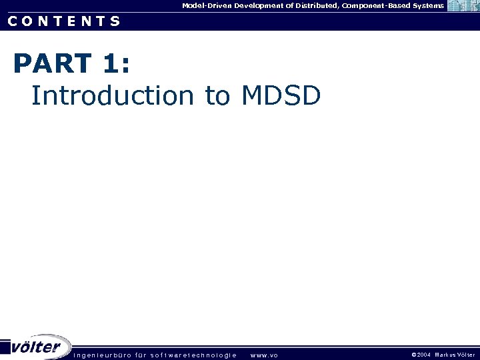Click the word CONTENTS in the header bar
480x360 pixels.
(x=64, y=21)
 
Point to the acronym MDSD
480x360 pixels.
(x=281, y=95)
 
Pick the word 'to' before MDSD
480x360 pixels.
(x=217, y=95)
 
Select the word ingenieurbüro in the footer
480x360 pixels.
(x=103, y=355)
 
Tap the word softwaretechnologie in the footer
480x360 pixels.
(x=194, y=355)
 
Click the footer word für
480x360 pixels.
(x=141, y=355)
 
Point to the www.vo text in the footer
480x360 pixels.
(x=264, y=355)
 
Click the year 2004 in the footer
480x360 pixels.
(x=424, y=355)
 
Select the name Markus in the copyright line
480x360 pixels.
(x=445, y=355)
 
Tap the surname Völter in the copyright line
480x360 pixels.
(x=467, y=355)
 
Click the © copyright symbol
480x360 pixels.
(x=414, y=355)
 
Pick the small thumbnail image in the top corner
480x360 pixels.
(x=463, y=6)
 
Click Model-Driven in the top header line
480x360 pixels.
(x=207, y=5)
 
